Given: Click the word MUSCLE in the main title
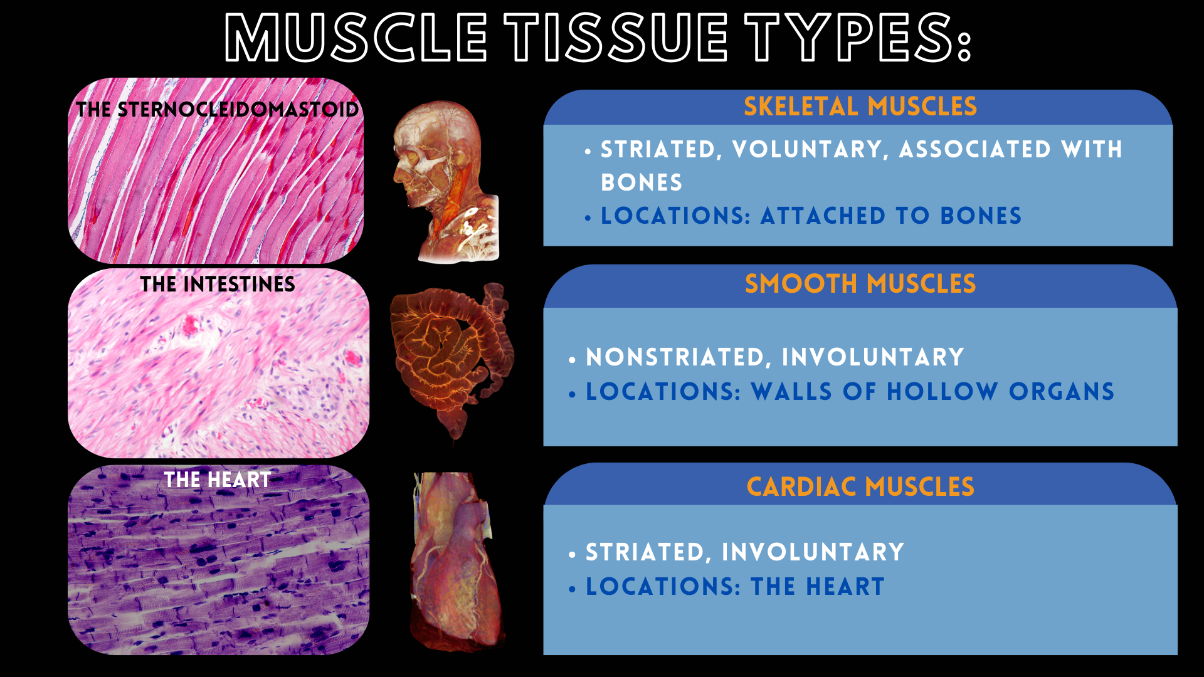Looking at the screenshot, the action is coord(356,37).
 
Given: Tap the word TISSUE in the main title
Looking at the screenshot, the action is coord(616,37).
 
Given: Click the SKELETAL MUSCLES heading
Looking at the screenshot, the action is coord(860,107).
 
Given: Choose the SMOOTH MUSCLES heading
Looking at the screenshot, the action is coord(860,284).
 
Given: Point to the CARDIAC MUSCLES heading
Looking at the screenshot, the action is coord(860,487).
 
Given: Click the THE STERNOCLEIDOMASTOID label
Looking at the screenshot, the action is coord(217,109).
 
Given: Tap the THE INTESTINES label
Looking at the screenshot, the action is coord(218,284).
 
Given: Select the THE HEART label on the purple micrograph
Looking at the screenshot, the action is coord(218,480).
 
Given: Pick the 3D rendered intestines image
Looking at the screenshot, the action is coord(451,360).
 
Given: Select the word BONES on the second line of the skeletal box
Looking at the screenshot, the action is coord(642,182).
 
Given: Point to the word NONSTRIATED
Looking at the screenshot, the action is coord(675,357).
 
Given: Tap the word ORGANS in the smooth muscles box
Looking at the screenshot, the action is coord(1062,392).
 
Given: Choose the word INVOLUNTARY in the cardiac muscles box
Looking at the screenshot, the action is coord(813,552).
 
